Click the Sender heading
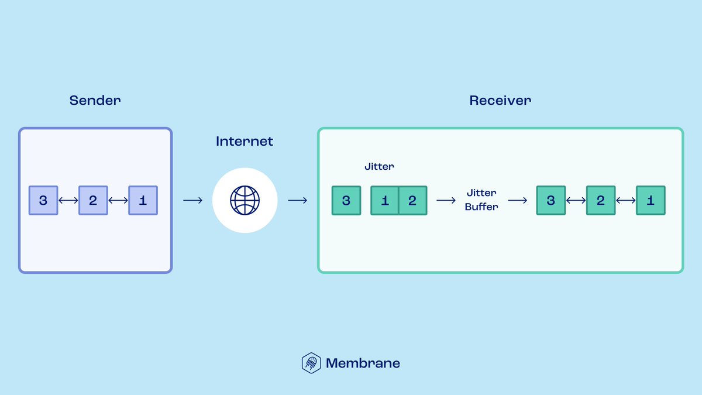(95, 100)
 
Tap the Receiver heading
(500, 100)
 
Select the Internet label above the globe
(245, 141)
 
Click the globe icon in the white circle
(245, 201)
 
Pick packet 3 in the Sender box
(43, 201)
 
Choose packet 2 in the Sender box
(93, 201)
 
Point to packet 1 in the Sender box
(143, 201)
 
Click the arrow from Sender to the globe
(192, 201)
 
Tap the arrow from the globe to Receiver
(297, 201)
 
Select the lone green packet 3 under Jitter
(346, 201)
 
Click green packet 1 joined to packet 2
(385, 201)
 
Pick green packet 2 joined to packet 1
(412, 201)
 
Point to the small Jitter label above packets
(379, 167)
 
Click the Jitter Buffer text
(481, 200)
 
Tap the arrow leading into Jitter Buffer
(446, 201)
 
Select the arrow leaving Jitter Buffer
(517, 201)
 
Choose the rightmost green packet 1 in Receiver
(651, 201)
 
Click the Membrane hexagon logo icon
(311, 363)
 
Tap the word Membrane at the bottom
(363, 363)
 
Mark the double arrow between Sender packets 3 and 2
(68, 201)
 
